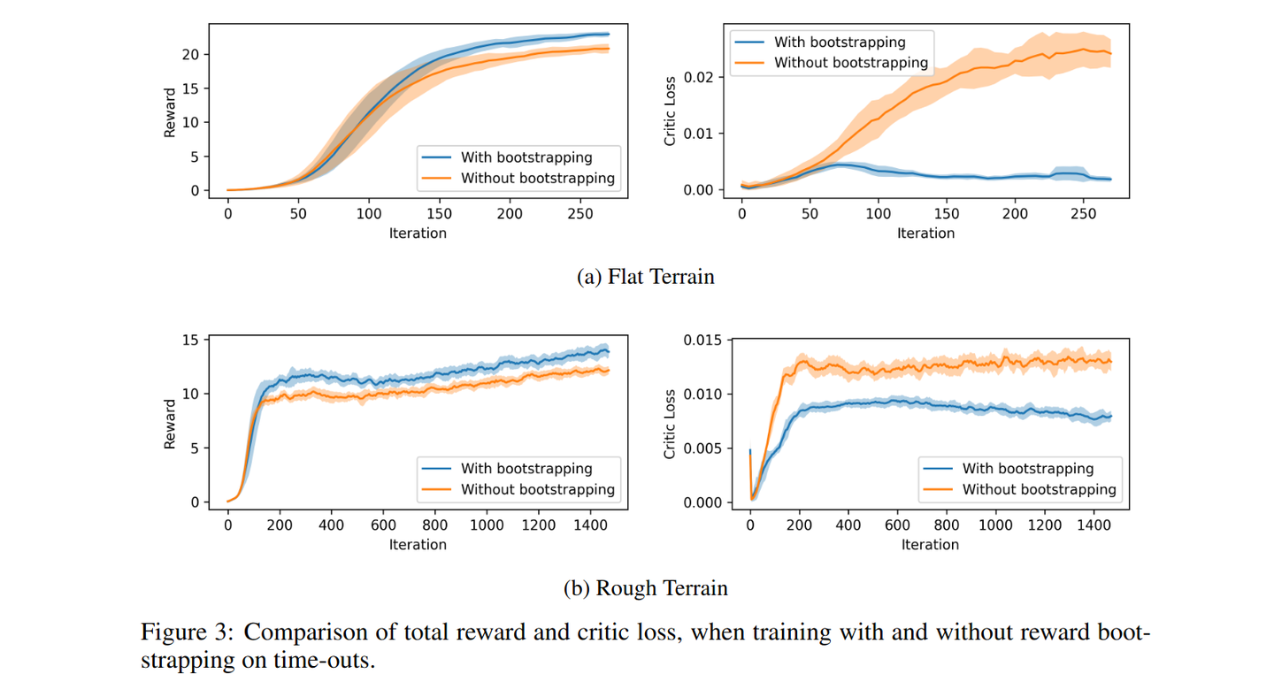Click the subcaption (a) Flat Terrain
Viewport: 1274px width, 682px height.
[645, 277]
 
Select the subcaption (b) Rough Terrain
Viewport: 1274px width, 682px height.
[645, 588]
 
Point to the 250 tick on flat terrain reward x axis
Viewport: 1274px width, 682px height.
[579, 213]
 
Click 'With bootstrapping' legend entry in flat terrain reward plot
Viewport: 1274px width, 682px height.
[526, 157]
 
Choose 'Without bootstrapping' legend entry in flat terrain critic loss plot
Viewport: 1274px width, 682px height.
[850, 63]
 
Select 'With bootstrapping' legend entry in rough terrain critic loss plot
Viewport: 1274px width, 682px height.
[1027, 469]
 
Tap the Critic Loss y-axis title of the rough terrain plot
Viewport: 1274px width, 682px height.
[671, 425]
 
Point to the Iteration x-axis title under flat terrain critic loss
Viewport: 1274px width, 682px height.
[925, 234]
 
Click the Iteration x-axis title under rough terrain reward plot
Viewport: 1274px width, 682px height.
[418, 545]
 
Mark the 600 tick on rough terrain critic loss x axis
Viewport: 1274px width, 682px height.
[897, 525]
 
